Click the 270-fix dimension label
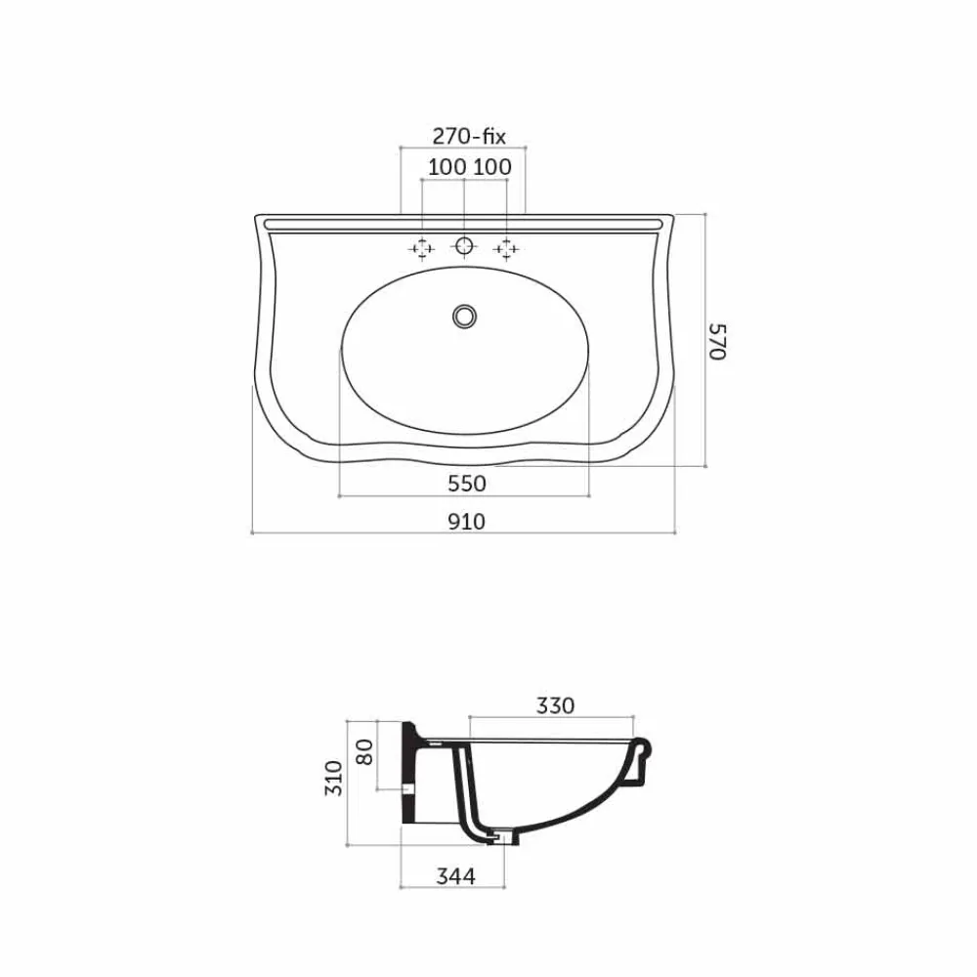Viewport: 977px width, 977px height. (x=469, y=137)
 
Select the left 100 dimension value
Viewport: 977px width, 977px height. (x=446, y=167)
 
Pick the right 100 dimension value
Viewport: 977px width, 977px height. (x=492, y=167)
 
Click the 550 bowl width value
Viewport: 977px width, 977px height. (x=466, y=483)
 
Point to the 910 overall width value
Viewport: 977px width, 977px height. (x=466, y=521)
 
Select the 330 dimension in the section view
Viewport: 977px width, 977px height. (x=554, y=704)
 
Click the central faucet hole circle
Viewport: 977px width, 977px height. (x=465, y=245)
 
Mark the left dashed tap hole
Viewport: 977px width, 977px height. (x=421, y=249)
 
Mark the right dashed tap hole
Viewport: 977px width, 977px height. (x=506, y=249)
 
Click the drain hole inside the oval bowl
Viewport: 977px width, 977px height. (x=464, y=315)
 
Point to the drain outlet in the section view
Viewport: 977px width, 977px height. (x=500, y=836)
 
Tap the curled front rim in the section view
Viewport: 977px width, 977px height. (x=644, y=753)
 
